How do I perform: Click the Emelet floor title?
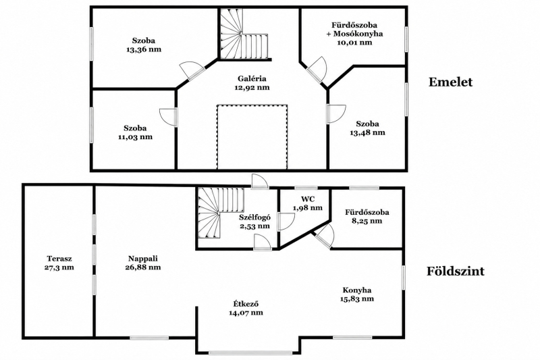[x=450, y=82]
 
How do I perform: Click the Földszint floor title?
[x=456, y=271]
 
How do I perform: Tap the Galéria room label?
[x=252, y=78]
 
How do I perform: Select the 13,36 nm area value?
[x=144, y=49]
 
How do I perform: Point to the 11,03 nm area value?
[x=135, y=136]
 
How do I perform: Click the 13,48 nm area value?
[x=368, y=132]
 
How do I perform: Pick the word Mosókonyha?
[x=358, y=34]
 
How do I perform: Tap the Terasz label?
[x=59, y=259]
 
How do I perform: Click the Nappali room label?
[x=143, y=259]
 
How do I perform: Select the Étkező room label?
[x=246, y=304]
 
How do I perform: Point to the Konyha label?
[x=357, y=290]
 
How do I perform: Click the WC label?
[x=308, y=199]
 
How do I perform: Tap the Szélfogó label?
[x=255, y=217]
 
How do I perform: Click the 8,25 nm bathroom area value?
[x=367, y=220]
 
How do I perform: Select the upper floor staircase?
[x=244, y=34]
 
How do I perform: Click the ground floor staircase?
[x=221, y=213]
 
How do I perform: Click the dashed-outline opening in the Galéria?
[x=252, y=136]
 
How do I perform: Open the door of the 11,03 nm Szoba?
[x=169, y=117]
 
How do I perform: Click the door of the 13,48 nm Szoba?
[x=336, y=114]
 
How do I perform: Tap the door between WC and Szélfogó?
[x=286, y=222]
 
